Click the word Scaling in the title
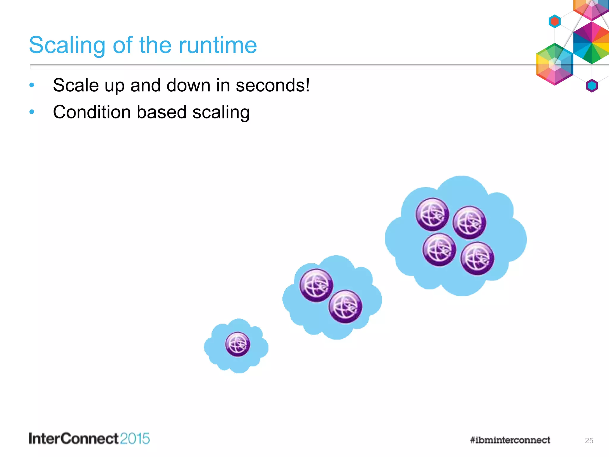pyautogui.click(x=67, y=45)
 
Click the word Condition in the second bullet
pyautogui.click(x=92, y=112)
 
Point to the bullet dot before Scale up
pyautogui.click(x=32, y=85)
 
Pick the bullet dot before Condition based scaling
pyautogui.click(x=32, y=112)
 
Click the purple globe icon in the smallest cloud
pyautogui.click(x=238, y=344)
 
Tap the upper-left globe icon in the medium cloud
pyautogui.click(x=316, y=285)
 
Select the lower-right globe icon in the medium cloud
pyautogui.click(x=345, y=306)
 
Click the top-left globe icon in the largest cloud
pyautogui.click(x=432, y=214)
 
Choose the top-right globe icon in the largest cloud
pyautogui.click(x=469, y=223)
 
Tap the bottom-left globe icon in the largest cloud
pyautogui.click(x=439, y=249)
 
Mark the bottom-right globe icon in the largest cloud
pyautogui.click(x=477, y=258)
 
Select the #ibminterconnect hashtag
pyautogui.click(x=510, y=440)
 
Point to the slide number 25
pyautogui.click(x=589, y=441)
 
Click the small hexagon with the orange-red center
pyautogui.click(x=555, y=21)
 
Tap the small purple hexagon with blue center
pyautogui.click(x=592, y=86)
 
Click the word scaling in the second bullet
pyautogui.click(x=221, y=112)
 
